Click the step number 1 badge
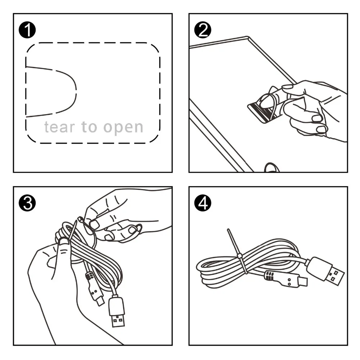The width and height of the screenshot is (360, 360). (x=27, y=30)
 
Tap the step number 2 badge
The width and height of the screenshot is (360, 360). (x=203, y=30)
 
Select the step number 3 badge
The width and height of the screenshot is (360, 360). (x=27, y=203)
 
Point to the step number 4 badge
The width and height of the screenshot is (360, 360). (x=203, y=203)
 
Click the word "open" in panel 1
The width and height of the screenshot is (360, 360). (x=123, y=128)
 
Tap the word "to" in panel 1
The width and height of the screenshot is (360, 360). (x=89, y=127)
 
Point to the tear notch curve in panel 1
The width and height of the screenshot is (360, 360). (x=76, y=92)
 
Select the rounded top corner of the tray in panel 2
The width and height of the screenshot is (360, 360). (x=248, y=37)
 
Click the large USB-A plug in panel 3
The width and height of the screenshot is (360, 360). (x=117, y=311)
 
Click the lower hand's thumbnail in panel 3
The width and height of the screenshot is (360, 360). (x=64, y=241)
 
